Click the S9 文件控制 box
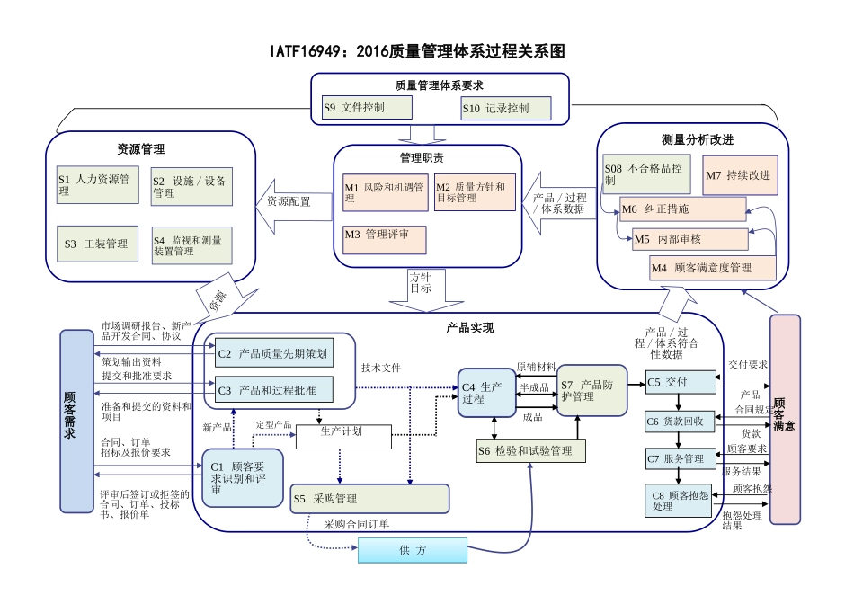pyautogui.click(x=366, y=108)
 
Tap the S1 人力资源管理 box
pyautogui.click(x=94, y=185)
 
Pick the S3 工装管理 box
pyautogui.click(x=94, y=244)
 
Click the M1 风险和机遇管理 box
pyautogui.click(x=384, y=192)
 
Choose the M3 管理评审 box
pyautogui.click(x=384, y=239)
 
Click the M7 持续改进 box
pyautogui.click(x=737, y=175)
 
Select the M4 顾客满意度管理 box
pyautogui.click(x=713, y=268)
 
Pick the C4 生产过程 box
pyautogui.click(x=487, y=394)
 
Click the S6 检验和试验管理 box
pyautogui.click(x=530, y=450)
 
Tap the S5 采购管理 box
pyautogui.click(x=369, y=498)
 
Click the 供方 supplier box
pyautogui.click(x=413, y=550)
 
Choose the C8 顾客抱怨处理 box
pyautogui.click(x=681, y=501)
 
